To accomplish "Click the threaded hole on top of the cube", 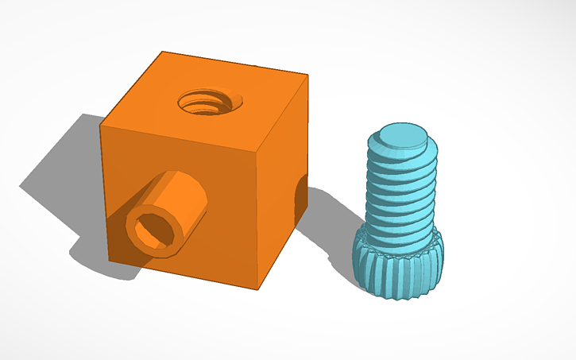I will coord(211,103).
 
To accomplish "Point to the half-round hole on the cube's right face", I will coord(300,199).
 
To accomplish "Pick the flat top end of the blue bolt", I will coord(402,137).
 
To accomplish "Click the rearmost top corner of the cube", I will coord(162,52).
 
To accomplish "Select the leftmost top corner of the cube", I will coord(100,125).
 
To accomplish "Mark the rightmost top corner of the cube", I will coord(307,77).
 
